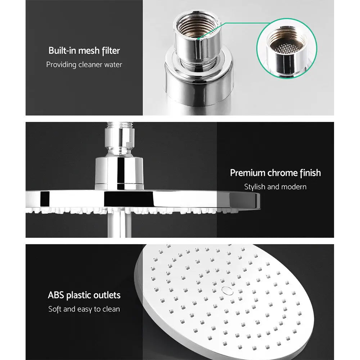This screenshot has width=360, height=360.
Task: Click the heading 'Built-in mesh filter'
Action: (x=84, y=50)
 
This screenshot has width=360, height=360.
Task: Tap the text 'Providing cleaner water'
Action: (x=84, y=65)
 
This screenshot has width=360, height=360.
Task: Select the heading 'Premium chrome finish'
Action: (x=275, y=173)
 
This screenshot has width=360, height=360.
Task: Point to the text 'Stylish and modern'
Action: (x=275, y=187)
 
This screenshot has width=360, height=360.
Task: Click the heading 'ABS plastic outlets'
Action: (x=84, y=295)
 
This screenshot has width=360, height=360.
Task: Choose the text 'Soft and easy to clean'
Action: (x=84, y=309)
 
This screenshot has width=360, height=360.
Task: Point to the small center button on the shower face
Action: (x=226, y=289)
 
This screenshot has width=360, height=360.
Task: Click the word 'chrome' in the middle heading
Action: (x=282, y=173)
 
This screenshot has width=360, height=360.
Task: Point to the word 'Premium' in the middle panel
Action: (x=248, y=173)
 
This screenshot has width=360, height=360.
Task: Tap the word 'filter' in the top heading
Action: (x=111, y=50)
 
